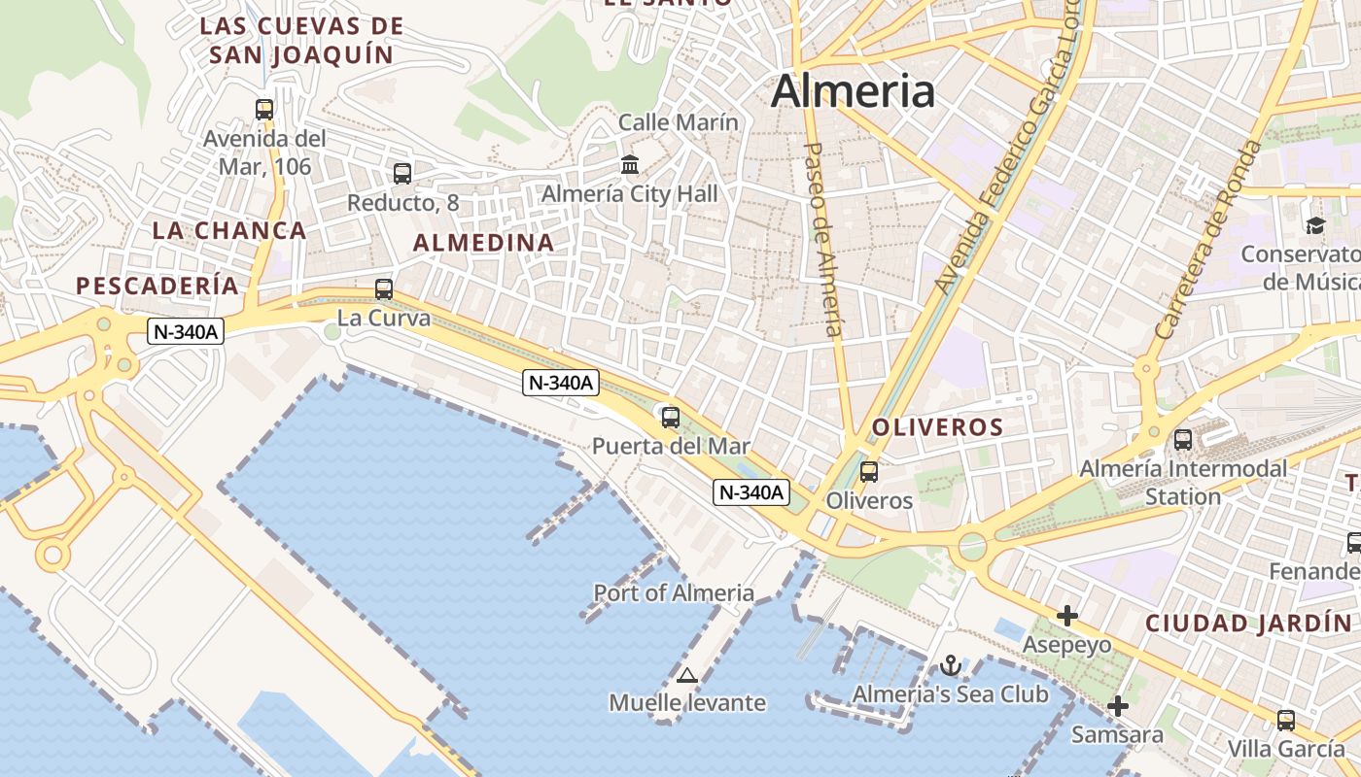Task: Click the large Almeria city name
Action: [x=853, y=91]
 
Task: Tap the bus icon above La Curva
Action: [x=384, y=288]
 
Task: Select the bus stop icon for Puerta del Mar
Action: [x=671, y=418]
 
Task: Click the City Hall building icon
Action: [x=630, y=165]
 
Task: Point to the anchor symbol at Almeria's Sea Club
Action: [x=951, y=665]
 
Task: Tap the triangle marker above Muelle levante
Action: [x=687, y=675]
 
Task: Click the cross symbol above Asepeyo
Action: [x=1067, y=616]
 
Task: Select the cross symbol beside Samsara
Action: [x=1118, y=706]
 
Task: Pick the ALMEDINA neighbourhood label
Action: [x=484, y=243]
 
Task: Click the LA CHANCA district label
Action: [x=229, y=230]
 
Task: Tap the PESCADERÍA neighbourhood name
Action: [x=157, y=286]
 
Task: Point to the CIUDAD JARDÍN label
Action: [x=1248, y=623]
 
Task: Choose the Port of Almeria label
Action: [x=674, y=592]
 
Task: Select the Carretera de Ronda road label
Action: [x=1208, y=239]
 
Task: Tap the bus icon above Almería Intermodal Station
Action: [x=1183, y=439]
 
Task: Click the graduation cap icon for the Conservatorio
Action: [x=1315, y=225]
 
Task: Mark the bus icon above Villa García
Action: [x=1286, y=720]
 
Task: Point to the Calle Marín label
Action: [x=679, y=122]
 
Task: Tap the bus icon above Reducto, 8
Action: [x=402, y=174]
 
